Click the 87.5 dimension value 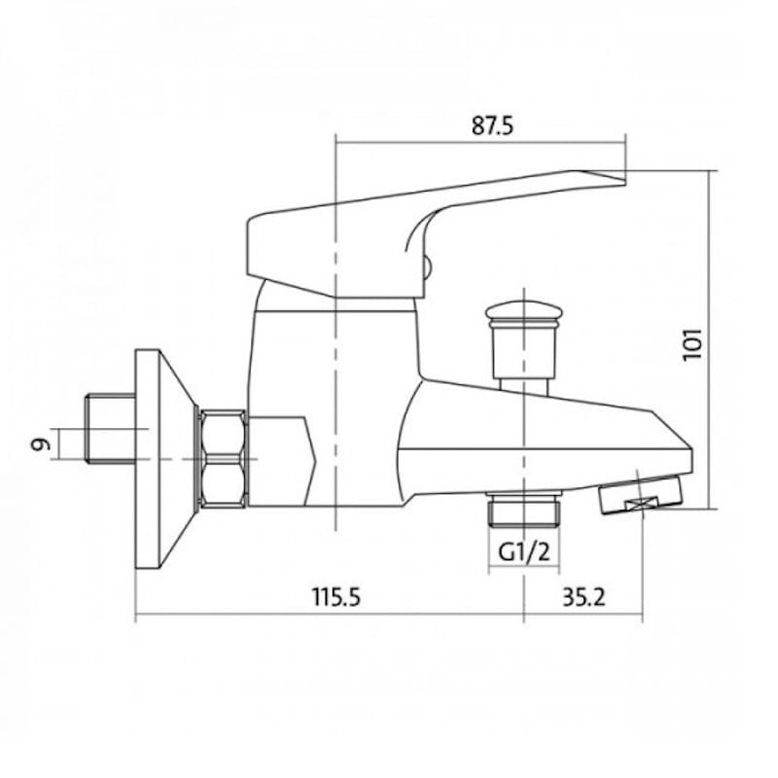(x=493, y=125)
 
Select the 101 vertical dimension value (x=692, y=344)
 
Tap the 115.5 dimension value (x=336, y=597)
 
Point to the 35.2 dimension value (x=584, y=597)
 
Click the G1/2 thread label (x=524, y=551)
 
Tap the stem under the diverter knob (x=524, y=385)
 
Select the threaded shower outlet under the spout (x=524, y=510)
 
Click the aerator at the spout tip (x=641, y=494)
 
